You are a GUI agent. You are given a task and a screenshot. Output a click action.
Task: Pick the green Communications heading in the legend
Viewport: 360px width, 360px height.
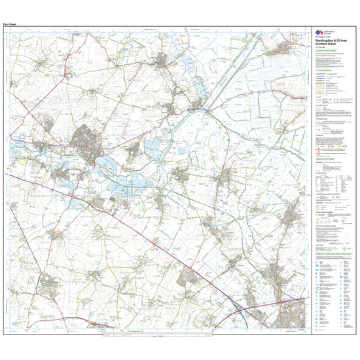point(325,86)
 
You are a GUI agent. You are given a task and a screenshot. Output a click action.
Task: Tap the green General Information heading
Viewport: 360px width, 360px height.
point(325,158)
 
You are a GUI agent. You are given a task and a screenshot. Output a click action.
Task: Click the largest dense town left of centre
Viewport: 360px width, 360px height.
point(86,139)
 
